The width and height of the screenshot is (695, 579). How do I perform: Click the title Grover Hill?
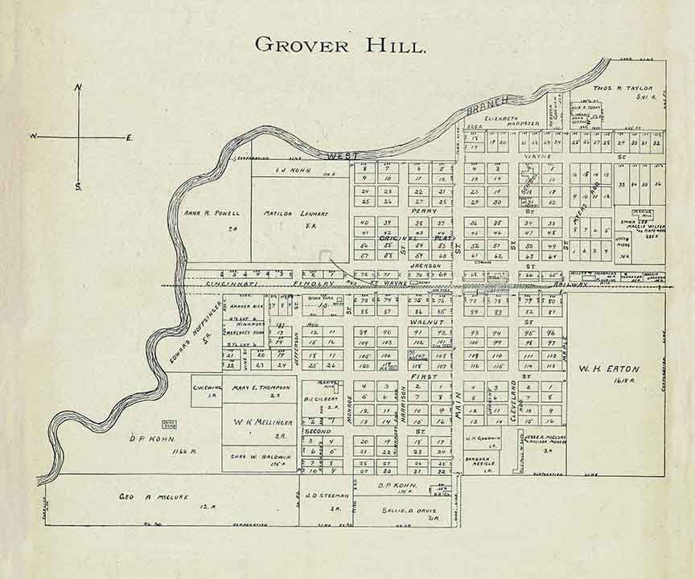pyautogui.click(x=339, y=44)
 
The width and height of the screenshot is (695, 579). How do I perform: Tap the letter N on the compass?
pyautogui.click(x=78, y=88)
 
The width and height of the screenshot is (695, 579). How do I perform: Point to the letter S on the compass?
pyautogui.click(x=79, y=187)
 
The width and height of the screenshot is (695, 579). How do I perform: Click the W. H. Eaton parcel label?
pyautogui.click(x=608, y=369)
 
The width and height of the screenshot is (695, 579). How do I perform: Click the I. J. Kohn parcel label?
pyautogui.click(x=290, y=170)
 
